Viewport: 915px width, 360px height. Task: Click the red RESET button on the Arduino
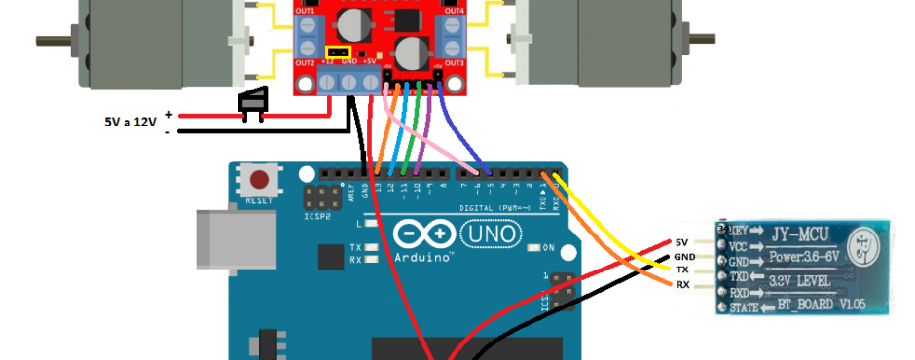[x=260, y=180]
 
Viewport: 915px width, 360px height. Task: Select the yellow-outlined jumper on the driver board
[x=338, y=52]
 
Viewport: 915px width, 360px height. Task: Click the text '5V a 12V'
[x=130, y=123]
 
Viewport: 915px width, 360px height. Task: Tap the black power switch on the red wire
[x=253, y=101]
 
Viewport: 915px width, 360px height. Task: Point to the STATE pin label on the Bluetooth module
[x=747, y=307]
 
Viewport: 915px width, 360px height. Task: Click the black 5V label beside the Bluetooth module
[x=680, y=242]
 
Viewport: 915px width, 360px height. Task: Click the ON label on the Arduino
[x=550, y=247]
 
